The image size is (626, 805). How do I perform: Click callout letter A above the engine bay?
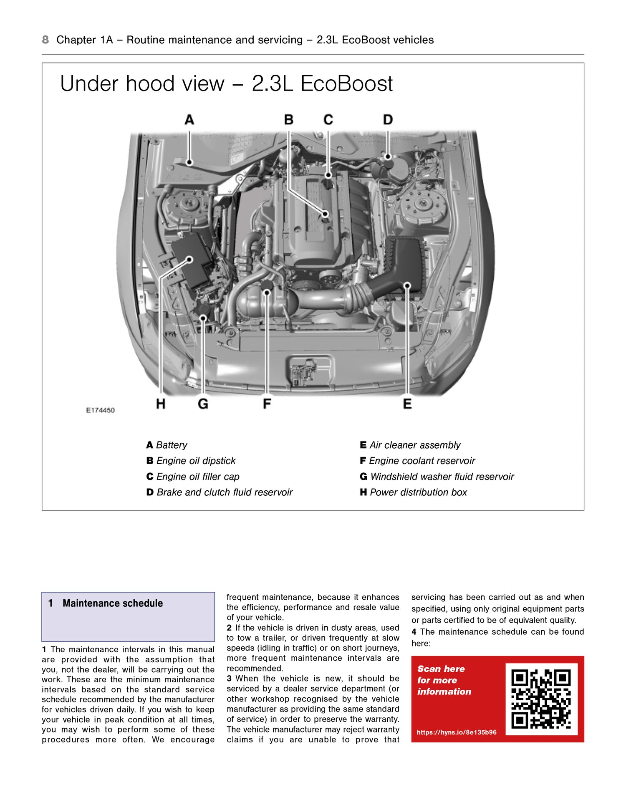tap(189, 120)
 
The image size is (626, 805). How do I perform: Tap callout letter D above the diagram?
tap(388, 120)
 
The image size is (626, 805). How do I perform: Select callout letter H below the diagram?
tap(161, 404)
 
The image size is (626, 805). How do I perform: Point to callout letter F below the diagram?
tap(267, 404)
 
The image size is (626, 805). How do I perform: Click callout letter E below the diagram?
tap(407, 404)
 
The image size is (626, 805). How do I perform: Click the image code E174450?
tap(100, 410)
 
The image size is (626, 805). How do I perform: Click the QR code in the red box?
tap(541, 699)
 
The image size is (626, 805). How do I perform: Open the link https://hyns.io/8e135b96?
tap(457, 732)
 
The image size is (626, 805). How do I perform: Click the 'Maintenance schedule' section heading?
tap(113, 603)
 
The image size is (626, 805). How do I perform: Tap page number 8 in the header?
tap(45, 40)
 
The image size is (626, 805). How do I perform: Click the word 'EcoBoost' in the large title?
tap(346, 83)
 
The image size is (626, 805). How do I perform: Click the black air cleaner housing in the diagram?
tap(407, 259)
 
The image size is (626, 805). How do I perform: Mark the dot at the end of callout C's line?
tap(328, 175)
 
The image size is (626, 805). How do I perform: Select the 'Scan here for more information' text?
tap(444, 680)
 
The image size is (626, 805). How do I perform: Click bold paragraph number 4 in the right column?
tap(414, 632)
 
